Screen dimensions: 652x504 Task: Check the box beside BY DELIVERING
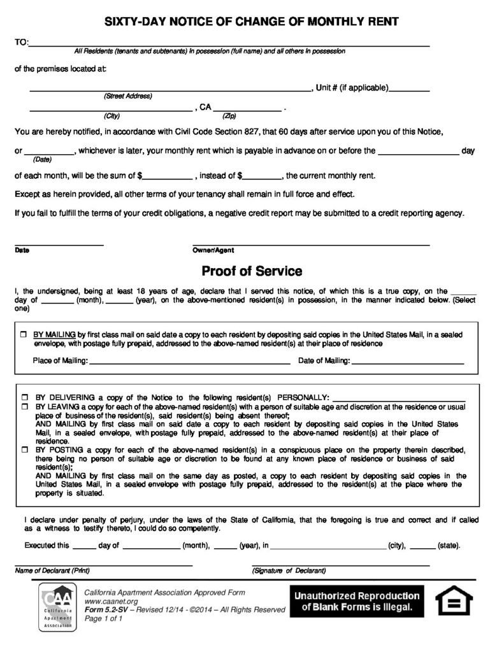(x=24, y=396)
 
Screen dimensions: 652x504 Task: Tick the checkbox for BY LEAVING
(x=24, y=406)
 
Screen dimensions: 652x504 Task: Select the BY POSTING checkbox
(x=24, y=449)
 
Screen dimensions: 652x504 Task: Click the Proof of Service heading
(x=252, y=271)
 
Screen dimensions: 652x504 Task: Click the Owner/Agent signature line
(x=311, y=244)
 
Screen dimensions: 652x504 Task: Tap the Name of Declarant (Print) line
(x=103, y=564)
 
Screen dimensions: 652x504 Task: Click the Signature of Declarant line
(x=340, y=564)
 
